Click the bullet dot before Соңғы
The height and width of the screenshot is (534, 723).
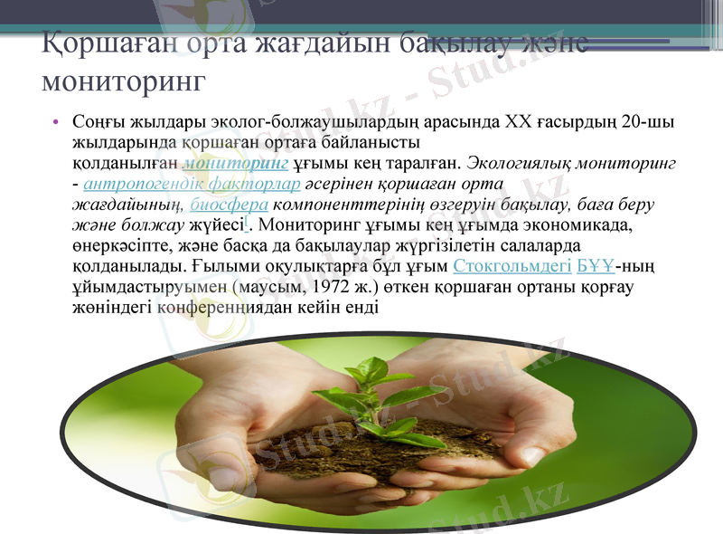pos(56,122)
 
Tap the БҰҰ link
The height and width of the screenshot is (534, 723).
pos(596,265)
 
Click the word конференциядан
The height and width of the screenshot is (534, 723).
pos(223,307)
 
